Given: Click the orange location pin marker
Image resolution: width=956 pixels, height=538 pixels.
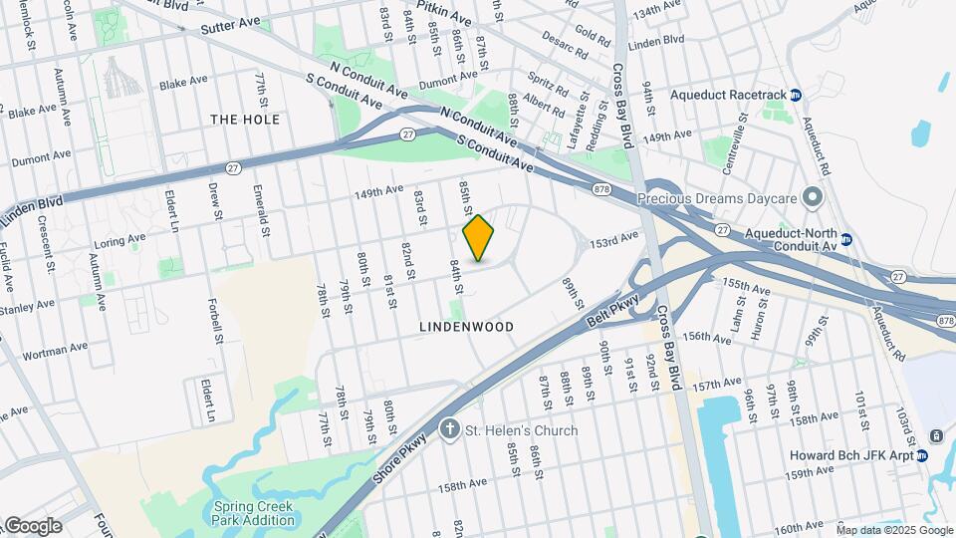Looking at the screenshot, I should click(479, 237).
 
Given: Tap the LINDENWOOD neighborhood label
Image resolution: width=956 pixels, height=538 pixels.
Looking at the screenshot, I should click(466, 327).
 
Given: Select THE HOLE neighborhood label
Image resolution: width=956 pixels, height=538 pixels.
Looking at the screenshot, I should click(245, 120).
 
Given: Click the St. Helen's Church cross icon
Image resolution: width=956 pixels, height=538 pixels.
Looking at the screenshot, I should click(450, 430).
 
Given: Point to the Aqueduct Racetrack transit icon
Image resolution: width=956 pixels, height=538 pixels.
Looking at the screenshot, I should click(796, 95).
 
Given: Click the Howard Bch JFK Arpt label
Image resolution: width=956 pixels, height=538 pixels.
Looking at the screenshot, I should click(851, 455).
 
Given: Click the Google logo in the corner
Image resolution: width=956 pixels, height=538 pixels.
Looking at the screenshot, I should click(33, 526).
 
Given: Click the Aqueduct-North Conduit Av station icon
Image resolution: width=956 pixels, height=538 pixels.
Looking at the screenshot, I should click(845, 239).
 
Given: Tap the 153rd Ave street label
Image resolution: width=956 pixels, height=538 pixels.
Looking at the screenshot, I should click(612, 242).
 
